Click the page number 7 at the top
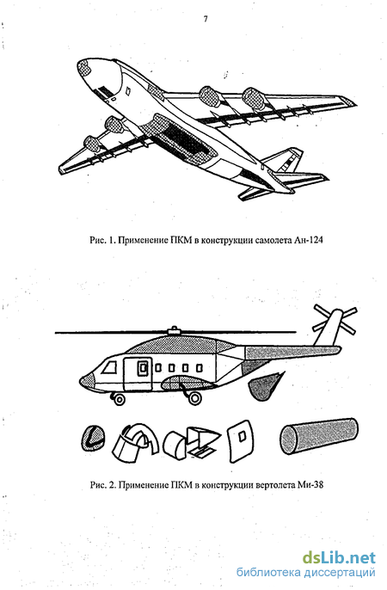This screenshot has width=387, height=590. coord(206,20)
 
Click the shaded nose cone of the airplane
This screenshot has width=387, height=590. coord(84,68)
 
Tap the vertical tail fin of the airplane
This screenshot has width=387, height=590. coord(285,160)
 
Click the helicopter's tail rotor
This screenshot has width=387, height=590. coord(335,319)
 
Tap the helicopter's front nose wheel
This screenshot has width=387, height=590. coord(120,399)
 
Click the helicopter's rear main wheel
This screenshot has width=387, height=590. coord(194,397)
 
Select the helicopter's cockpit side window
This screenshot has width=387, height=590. coord(110,366)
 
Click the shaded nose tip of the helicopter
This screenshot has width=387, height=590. coord(86,383)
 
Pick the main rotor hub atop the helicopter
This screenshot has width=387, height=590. coord(174,330)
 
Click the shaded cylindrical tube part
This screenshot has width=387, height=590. coord(318,436)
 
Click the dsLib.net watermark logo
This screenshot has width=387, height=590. coord(339,557)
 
